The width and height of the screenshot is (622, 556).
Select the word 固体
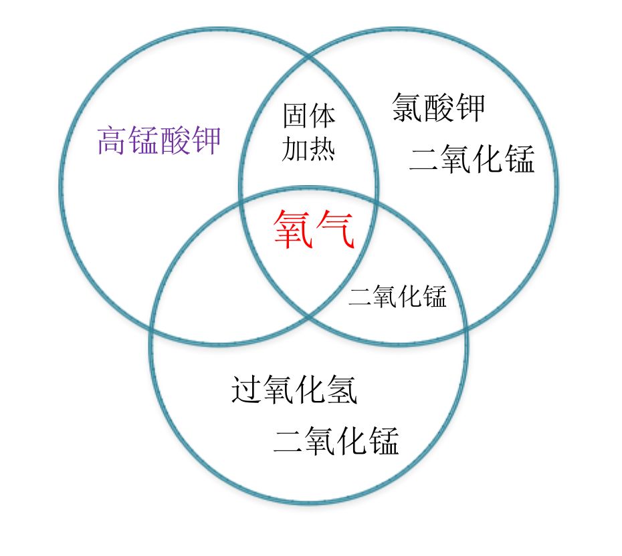[x=309, y=116]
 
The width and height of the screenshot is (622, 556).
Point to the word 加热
[x=309, y=149]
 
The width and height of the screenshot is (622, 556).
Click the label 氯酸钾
[x=438, y=107]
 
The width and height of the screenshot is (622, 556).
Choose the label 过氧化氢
[x=294, y=390]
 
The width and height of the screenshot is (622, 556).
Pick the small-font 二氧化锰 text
[x=397, y=296]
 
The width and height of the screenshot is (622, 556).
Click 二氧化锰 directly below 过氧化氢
[x=336, y=441]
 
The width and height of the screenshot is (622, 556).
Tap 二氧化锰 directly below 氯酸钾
[x=472, y=159]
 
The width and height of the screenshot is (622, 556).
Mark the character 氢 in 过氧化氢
[x=342, y=390]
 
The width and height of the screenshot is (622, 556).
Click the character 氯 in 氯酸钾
[x=407, y=107]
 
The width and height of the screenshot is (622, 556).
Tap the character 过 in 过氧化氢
[x=247, y=390]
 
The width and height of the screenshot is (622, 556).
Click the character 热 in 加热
[x=322, y=149]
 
